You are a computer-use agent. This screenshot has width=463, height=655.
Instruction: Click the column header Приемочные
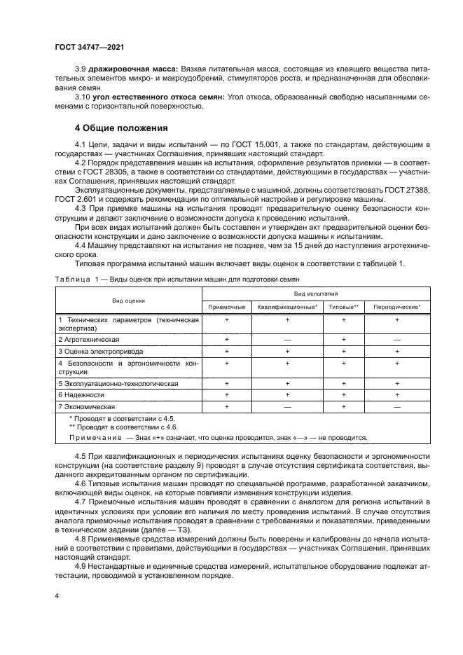[x=227, y=306]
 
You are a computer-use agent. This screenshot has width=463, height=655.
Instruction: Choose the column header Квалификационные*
[x=287, y=306]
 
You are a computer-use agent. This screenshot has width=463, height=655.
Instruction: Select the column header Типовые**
[x=343, y=306]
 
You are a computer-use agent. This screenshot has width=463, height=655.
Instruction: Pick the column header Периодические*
[x=396, y=306]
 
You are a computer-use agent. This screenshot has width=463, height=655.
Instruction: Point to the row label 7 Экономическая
[x=85, y=406]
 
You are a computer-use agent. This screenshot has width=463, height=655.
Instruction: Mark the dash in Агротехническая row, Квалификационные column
[x=287, y=338]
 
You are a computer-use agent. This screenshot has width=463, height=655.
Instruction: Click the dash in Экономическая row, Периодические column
[x=396, y=406]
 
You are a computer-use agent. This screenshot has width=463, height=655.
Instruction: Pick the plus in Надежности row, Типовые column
[x=343, y=395]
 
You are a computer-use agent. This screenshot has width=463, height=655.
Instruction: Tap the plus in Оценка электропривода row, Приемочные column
[x=227, y=350]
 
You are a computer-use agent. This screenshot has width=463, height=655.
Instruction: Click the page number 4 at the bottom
[x=57, y=595]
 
